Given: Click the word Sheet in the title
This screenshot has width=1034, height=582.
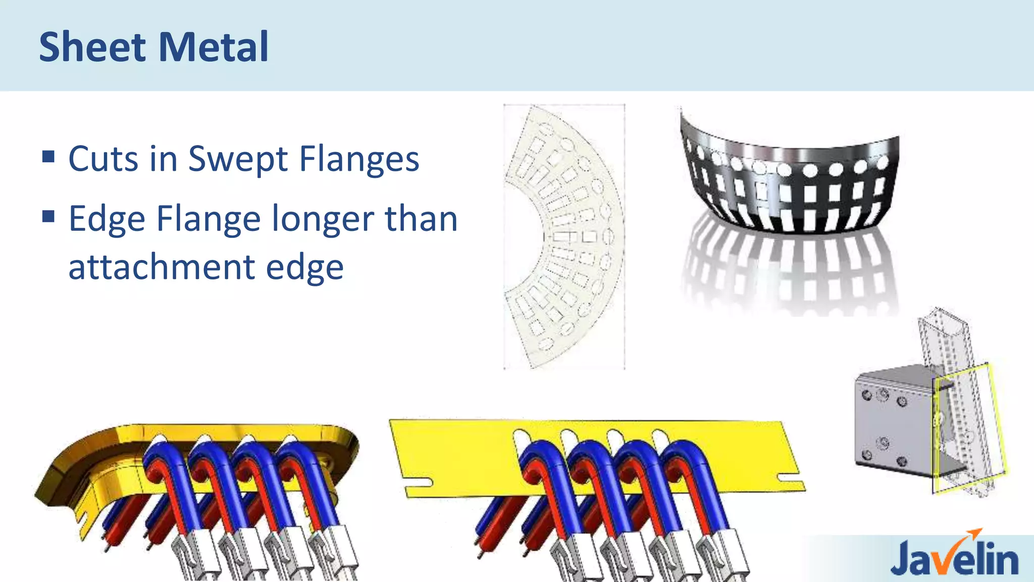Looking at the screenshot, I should [92, 47].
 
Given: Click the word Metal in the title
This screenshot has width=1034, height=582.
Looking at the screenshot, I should [214, 47].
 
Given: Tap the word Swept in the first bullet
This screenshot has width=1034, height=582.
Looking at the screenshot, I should [238, 159].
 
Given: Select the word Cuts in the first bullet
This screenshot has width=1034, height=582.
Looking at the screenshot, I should [104, 159].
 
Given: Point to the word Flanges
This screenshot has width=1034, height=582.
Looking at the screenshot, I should [359, 159].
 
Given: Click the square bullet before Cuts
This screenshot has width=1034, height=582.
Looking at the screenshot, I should [48, 156].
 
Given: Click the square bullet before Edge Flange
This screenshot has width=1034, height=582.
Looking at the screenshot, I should [48, 217].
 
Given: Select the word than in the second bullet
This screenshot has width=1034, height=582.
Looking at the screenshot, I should [421, 220].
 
